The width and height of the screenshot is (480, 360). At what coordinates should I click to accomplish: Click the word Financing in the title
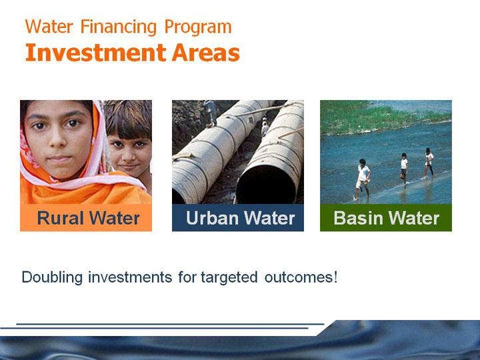[x=119, y=27]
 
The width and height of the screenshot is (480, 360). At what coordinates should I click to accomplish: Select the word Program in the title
[x=198, y=27]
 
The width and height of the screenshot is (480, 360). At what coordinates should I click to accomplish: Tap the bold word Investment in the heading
[x=95, y=53]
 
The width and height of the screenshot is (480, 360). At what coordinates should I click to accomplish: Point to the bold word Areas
[x=205, y=53]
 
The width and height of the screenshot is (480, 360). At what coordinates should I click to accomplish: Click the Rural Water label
[x=88, y=218]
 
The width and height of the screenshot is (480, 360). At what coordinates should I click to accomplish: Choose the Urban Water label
[x=240, y=218]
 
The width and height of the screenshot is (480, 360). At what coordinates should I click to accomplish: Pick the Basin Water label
[x=386, y=218]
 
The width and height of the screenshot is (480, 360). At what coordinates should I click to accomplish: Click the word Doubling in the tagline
[x=52, y=277]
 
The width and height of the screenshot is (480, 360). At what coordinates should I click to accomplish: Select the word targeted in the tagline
[x=229, y=277]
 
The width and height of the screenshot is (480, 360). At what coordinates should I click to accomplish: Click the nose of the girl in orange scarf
[x=57, y=141]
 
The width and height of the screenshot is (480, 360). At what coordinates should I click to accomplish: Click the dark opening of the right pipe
[x=266, y=185]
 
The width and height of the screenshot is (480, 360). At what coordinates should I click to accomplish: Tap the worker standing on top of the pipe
[x=211, y=113]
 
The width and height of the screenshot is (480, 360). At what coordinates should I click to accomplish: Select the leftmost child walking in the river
[x=363, y=179]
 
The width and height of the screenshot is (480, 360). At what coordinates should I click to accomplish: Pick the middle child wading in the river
[x=404, y=169]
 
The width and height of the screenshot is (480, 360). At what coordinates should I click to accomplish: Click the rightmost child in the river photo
[x=429, y=162]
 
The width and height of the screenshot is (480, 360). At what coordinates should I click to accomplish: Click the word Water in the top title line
[x=49, y=27]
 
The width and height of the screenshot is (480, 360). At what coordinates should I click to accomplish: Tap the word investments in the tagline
[x=130, y=277]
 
